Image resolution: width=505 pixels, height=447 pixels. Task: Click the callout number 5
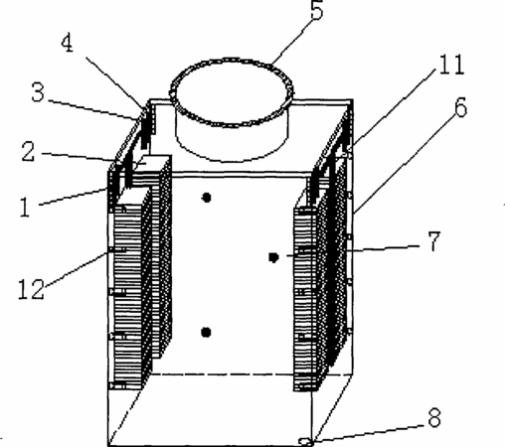click(x=316, y=11)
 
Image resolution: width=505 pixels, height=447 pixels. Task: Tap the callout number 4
click(x=68, y=43)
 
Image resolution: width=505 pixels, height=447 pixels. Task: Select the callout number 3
click(x=38, y=91)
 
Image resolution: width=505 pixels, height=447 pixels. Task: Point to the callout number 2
click(x=28, y=152)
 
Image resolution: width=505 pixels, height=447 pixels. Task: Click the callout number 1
click(x=25, y=208)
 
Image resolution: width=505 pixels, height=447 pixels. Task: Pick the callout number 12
click(x=31, y=289)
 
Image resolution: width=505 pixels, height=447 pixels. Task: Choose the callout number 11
click(x=451, y=65)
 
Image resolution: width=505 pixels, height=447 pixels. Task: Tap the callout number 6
click(x=461, y=106)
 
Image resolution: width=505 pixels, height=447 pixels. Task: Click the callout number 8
click(x=434, y=417)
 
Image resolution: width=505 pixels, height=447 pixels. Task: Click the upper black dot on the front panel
click(x=207, y=198)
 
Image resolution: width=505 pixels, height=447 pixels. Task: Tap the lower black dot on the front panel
click(x=206, y=332)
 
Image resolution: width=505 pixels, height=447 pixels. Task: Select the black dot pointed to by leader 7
click(x=273, y=257)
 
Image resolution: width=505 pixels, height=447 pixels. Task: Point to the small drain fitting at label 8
click(x=305, y=441)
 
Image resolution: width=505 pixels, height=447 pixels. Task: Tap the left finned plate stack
click(x=140, y=271)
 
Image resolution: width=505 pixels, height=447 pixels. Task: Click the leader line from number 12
click(x=76, y=269)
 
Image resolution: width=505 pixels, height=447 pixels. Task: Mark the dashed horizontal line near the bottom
click(x=252, y=374)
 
